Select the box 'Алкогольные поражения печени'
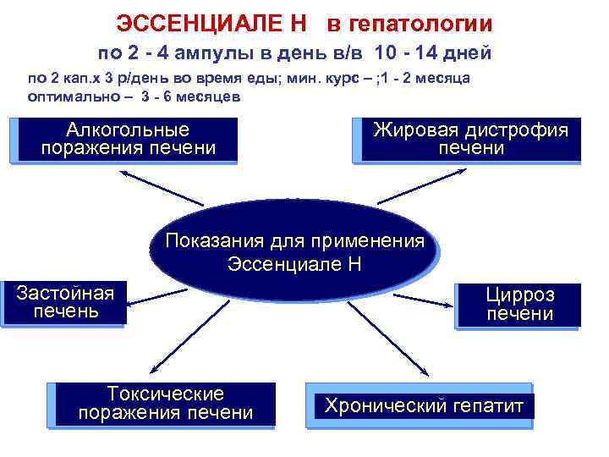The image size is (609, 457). point(127,140)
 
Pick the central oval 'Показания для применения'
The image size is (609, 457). point(294,251)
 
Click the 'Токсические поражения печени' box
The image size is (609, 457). point(165,404)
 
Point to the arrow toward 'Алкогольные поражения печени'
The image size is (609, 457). point(161,188)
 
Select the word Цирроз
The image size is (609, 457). point(519,295)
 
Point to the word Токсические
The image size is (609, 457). point(165,394)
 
